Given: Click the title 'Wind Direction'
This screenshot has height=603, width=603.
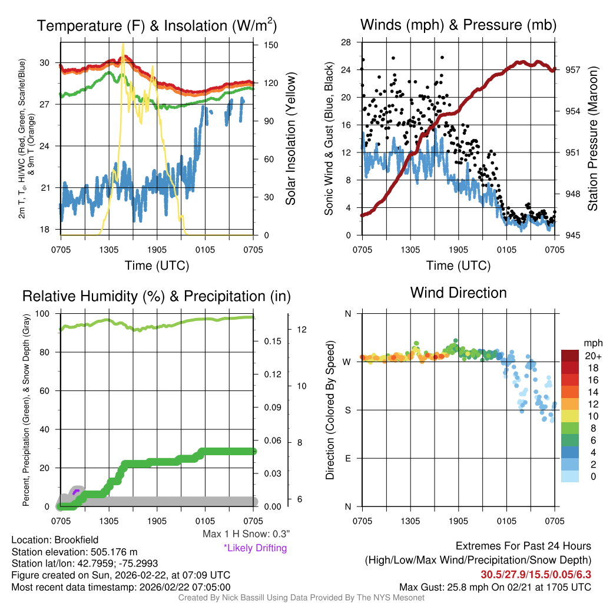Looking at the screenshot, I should [458, 293].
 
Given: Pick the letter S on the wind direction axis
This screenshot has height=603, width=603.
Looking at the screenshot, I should [348, 410].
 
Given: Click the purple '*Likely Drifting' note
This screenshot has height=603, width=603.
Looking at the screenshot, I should [255, 548].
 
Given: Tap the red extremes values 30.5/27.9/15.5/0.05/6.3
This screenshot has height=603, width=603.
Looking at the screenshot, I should [536, 574].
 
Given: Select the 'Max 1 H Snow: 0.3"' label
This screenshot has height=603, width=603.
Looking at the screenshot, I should [246, 534].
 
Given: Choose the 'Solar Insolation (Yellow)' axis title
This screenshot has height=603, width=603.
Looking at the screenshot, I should [290, 138].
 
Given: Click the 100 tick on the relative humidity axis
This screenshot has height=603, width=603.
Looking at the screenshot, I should [48, 314].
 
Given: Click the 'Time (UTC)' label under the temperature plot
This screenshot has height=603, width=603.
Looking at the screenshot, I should [157, 266].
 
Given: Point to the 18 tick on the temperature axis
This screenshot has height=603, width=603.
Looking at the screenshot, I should [50, 229].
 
